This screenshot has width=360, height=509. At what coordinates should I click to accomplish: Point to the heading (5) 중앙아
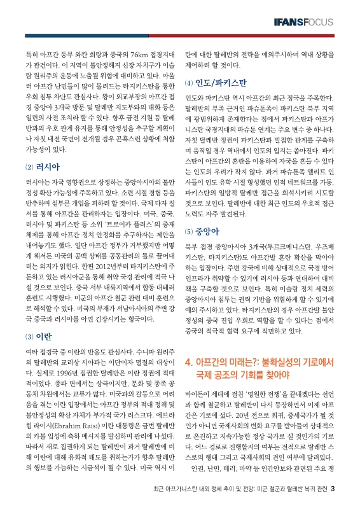200,232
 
